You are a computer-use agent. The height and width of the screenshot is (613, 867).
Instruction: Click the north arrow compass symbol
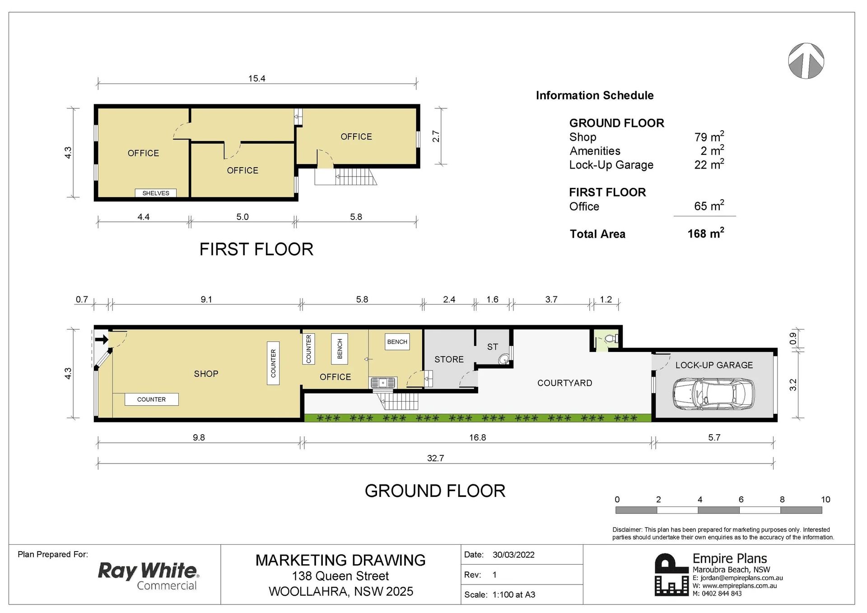(x=806, y=61)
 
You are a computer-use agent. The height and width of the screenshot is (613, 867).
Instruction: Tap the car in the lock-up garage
(x=713, y=394)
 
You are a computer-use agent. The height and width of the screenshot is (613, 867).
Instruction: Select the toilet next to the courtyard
(x=611, y=338)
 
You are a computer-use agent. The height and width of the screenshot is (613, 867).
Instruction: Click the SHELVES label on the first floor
(x=156, y=193)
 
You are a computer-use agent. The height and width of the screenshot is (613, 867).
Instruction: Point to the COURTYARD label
(x=564, y=383)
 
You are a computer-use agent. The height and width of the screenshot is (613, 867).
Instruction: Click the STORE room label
(x=449, y=360)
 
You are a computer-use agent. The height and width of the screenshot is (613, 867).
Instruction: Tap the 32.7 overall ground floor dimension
(x=435, y=458)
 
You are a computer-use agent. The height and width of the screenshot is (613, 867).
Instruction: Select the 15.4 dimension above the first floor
(x=256, y=79)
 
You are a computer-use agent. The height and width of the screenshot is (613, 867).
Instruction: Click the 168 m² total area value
(x=706, y=233)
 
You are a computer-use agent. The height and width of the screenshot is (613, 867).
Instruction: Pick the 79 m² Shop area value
(x=709, y=136)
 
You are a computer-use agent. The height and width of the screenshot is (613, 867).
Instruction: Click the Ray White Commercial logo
(x=149, y=576)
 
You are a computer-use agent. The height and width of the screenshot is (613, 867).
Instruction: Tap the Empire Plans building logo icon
(x=671, y=575)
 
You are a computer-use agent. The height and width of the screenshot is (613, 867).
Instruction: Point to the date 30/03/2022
(x=513, y=555)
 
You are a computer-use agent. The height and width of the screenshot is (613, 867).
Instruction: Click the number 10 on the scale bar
(x=825, y=499)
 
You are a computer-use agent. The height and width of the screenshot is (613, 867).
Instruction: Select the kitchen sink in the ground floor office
(x=383, y=383)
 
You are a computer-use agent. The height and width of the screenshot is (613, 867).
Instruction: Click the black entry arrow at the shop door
(x=102, y=339)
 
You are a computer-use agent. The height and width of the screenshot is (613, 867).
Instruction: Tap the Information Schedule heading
(x=595, y=95)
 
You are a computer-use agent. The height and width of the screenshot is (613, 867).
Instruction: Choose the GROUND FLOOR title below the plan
(x=435, y=491)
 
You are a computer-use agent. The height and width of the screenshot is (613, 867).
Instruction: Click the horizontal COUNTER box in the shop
(x=152, y=399)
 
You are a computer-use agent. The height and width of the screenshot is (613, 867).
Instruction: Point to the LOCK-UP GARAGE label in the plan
(x=714, y=365)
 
